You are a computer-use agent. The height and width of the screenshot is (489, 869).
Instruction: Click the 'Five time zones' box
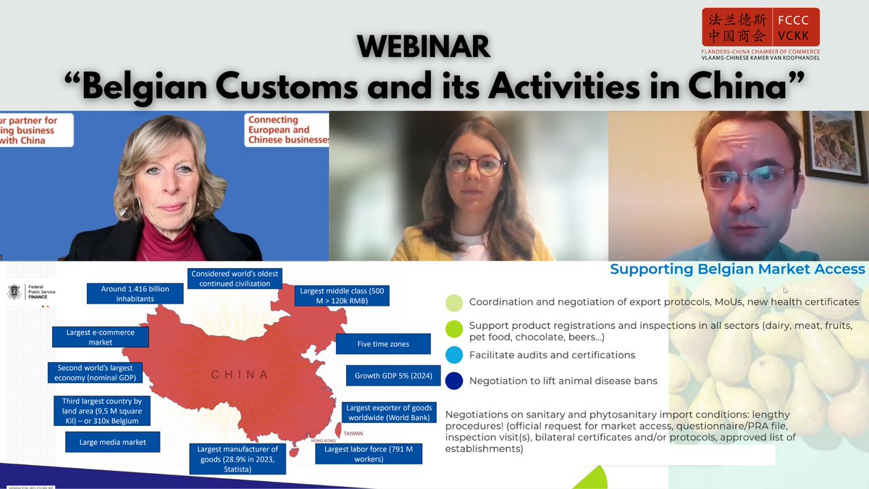(383, 343)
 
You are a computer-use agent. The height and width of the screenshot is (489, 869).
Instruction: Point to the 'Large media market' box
(112, 442)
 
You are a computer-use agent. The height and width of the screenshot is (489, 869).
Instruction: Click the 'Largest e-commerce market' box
(101, 337)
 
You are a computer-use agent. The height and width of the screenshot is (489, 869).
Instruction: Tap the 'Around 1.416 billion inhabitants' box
(135, 293)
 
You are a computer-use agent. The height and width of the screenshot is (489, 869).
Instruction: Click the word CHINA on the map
(240, 375)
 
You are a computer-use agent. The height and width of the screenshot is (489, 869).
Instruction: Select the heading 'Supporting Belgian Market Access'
(737, 269)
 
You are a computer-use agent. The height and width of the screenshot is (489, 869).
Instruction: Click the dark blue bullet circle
(454, 380)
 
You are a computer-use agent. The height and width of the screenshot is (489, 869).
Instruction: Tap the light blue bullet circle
(454, 355)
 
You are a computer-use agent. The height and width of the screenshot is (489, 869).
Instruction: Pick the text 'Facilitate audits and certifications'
(552, 355)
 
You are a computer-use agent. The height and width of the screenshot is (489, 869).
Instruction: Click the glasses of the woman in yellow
(474, 164)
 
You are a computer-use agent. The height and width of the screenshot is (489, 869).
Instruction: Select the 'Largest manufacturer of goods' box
(238, 459)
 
